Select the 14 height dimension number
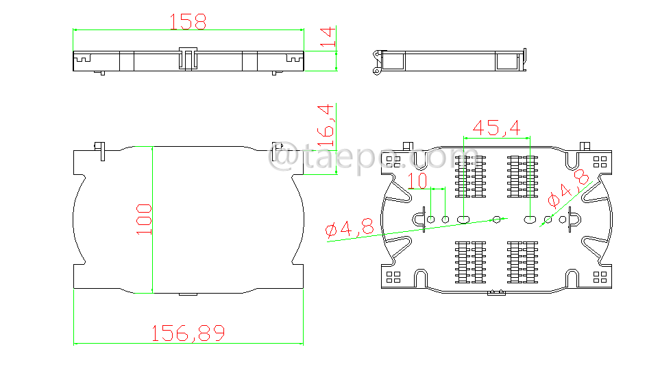click(328, 38)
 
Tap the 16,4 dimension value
click(327, 125)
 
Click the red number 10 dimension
click(417, 181)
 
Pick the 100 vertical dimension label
click(143, 219)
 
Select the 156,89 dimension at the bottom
click(188, 333)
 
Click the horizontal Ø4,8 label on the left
click(350, 229)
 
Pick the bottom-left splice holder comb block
click(470, 261)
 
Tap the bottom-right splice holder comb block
click(522, 261)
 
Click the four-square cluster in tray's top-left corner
click(393, 161)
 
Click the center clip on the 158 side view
click(188, 59)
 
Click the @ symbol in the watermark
click(281, 160)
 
